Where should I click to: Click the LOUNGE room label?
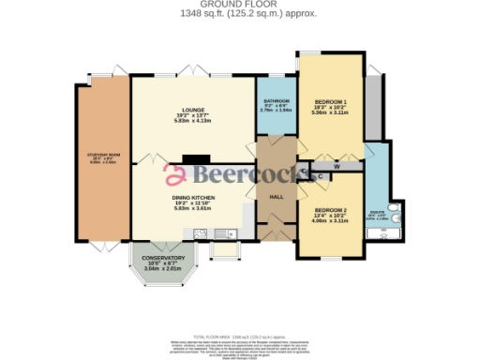195,109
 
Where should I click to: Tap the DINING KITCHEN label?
195,197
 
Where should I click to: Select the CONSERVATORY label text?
157,258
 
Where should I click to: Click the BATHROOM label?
276,101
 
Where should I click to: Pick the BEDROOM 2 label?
331,209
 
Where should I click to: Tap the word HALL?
277,197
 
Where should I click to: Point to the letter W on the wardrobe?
335,167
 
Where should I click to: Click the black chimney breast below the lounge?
195,159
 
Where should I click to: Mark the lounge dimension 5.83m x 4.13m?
195,121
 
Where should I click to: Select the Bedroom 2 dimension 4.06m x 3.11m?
331,220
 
